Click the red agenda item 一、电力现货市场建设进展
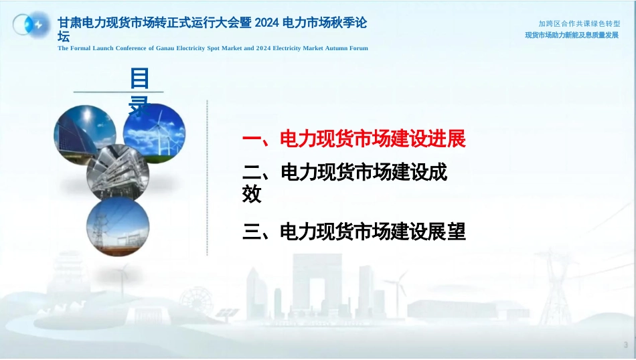pyautogui.click(x=353, y=139)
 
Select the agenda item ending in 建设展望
pyautogui.click(x=353, y=232)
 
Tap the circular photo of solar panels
pyautogui.click(x=85, y=135)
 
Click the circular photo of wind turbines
pyautogui.click(x=154, y=133)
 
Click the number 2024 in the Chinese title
pyautogui.click(x=267, y=23)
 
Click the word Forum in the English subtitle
pyautogui.click(x=359, y=48)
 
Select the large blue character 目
pyautogui.click(x=139, y=78)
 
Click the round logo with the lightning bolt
pyautogui.click(x=31, y=25)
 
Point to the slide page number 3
pyautogui.click(x=625, y=345)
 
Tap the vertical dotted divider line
pyautogui.click(x=208, y=177)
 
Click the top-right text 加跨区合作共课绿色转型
pyautogui.click(x=579, y=24)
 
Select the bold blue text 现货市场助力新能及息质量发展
pyautogui.click(x=572, y=35)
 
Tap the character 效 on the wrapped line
pyautogui.click(x=252, y=194)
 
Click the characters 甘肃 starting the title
pyautogui.click(x=70, y=23)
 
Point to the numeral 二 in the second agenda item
pyautogui.click(x=252, y=173)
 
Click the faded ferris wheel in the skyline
pyautogui.click(x=196, y=302)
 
